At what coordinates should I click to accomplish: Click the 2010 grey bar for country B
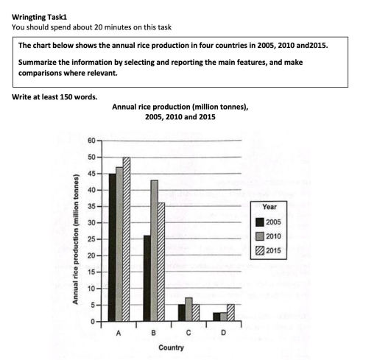pos(154,250)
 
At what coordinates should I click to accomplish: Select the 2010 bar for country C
pos(188,310)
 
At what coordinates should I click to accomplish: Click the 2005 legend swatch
pos(259,222)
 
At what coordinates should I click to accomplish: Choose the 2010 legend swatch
pos(259,236)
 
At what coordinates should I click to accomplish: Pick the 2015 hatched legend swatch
pos(259,249)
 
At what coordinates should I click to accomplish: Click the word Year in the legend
pos(269,208)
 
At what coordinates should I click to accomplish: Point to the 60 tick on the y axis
pos(91,141)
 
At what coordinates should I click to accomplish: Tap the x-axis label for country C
pos(188,332)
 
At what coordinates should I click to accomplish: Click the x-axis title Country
pos(171,347)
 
